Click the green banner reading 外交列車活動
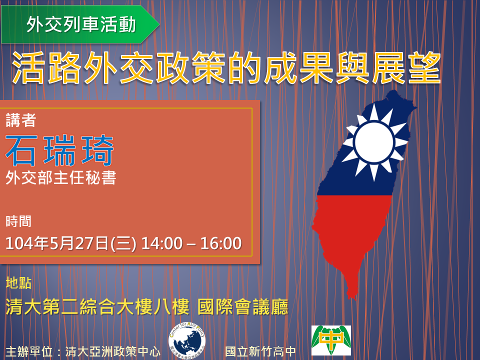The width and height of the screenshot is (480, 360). click(80, 24)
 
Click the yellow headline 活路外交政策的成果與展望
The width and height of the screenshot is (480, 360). click(226, 67)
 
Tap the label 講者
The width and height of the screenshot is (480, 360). click(21, 120)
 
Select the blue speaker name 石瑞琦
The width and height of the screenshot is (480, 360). click(59, 150)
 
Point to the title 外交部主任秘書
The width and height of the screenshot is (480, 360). click(61, 177)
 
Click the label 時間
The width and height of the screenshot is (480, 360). click(18, 221)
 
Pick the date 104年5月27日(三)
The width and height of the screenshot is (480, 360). click(70, 243)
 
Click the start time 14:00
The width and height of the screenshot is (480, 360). click(162, 243)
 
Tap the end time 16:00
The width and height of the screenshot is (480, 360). click(221, 243)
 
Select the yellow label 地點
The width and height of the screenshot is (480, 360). click(18, 283)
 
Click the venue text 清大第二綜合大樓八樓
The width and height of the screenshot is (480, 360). click(97, 307)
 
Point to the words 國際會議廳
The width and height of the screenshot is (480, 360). click(243, 307)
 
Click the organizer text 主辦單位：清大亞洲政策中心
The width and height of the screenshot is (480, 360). click(83, 351)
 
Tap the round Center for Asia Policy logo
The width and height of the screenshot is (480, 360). click(186, 340)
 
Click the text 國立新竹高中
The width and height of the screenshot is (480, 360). click(260, 351)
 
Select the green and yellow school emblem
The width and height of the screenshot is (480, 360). click(331, 340)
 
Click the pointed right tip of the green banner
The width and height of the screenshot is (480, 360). click(159, 24)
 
